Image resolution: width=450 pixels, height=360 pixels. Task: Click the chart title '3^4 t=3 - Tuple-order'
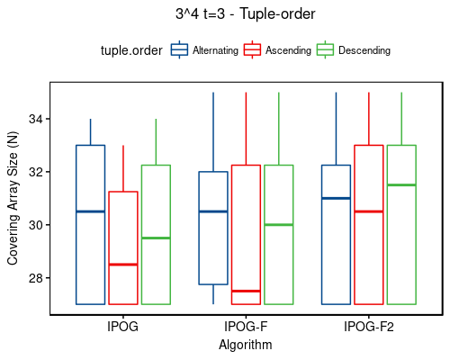pos(246,14)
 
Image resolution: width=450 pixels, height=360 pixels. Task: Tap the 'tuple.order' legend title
pos(131,50)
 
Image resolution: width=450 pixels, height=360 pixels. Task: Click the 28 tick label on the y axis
pos(35,277)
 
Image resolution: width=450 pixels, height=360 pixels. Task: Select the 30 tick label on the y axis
pos(35,225)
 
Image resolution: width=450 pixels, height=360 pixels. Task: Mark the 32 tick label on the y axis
pos(35,172)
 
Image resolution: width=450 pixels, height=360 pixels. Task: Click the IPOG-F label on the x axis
pos(246,327)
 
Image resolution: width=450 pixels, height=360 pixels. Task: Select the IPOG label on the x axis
pos(122,327)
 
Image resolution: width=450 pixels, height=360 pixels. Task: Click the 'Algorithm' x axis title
pos(246,344)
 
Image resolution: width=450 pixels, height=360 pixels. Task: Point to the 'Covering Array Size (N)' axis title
pos(13,198)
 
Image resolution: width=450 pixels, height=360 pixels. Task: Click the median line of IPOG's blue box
pos(90,211)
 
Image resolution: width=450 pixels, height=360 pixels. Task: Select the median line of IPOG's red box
pos(123,265)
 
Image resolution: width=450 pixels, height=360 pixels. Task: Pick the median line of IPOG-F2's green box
pos(401,185)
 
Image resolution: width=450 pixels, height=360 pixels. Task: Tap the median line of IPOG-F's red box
pos(246,291)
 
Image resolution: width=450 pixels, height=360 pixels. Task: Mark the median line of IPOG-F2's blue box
pos(336,198)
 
